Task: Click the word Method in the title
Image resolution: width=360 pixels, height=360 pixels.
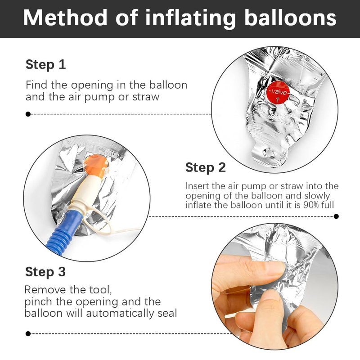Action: (x=65, y=18)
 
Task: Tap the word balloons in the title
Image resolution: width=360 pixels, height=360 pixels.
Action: (x=290, y=18)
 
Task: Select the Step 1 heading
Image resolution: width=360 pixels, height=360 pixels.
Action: (x=46, y=64)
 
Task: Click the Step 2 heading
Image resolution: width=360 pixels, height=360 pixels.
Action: (x=206, y=167)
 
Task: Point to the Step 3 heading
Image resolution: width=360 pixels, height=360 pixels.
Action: (x=45, y=272)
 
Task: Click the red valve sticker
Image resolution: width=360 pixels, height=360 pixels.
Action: (x=278, y=92)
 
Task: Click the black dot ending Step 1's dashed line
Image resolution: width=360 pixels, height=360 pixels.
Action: (x=28, y=114)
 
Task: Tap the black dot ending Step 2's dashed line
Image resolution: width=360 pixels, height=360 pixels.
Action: (x=336, y=216)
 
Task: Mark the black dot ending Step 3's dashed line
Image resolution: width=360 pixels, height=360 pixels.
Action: (x=28, y=333)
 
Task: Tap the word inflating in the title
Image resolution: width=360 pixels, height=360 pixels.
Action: (x=190, y=18)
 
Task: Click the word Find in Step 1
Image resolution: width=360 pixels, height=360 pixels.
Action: (x=36, y=85)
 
